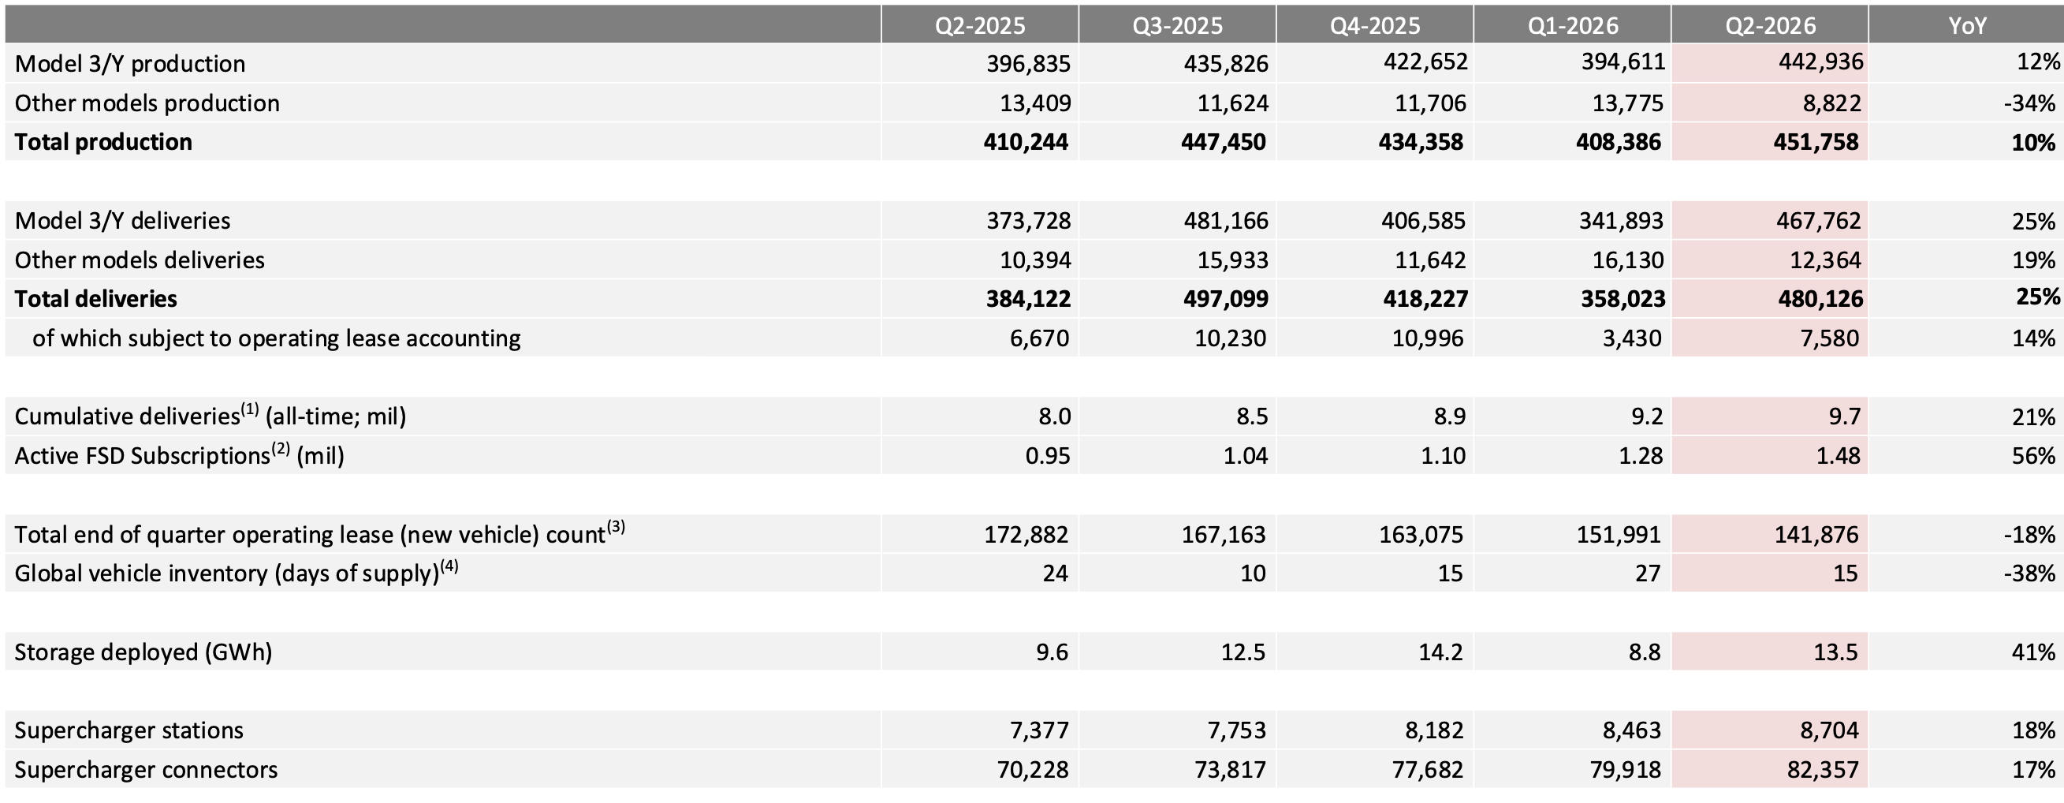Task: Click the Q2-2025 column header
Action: coord(980,26)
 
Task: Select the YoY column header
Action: coord(1967,26)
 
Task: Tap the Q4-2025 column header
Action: coord(1375,26)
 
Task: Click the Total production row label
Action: coord(103,142)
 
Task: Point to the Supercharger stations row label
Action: coord(129,730)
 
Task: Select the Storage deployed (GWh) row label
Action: coord(143,652)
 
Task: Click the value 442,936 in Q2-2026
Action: coord(1820,62)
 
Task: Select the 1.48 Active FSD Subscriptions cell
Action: coord(1838,456)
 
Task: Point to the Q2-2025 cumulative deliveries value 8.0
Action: coord(1053,416)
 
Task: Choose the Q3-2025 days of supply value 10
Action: coord(1254,573)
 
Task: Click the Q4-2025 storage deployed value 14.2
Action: coord(1440,652)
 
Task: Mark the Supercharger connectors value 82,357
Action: coord(1823,769)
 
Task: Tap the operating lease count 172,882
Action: coord(1026,535)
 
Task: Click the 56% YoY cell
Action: coord(2033,456)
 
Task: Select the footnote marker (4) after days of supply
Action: coord(449,566)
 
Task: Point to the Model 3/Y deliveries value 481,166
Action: coord(1226,220)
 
